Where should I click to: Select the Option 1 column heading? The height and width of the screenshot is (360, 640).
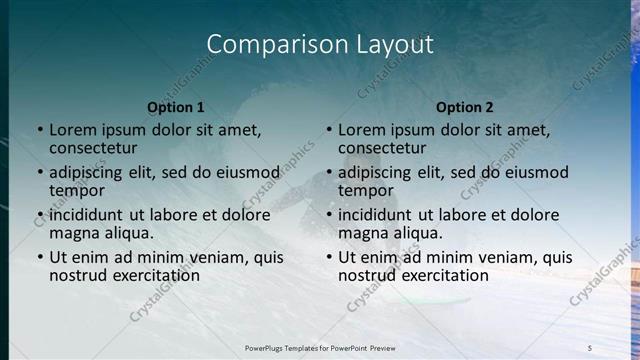[x=176, y=107]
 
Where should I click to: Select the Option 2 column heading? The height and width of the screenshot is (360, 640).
[x=464, y=107]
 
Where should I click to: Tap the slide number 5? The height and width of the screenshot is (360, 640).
[x=590, y=347]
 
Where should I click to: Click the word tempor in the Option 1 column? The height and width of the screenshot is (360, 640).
[x=76, y=190]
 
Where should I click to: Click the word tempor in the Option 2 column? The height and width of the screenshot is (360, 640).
[x=365, y=190]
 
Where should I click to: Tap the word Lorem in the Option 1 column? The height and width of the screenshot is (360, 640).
[x=72, y=129]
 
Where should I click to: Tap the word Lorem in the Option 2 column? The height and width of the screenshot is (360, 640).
[x=361, y=129]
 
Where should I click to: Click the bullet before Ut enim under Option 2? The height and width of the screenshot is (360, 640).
[x=329, y=257]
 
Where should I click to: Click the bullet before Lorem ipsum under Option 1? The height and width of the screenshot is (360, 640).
[x=40, y=130]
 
